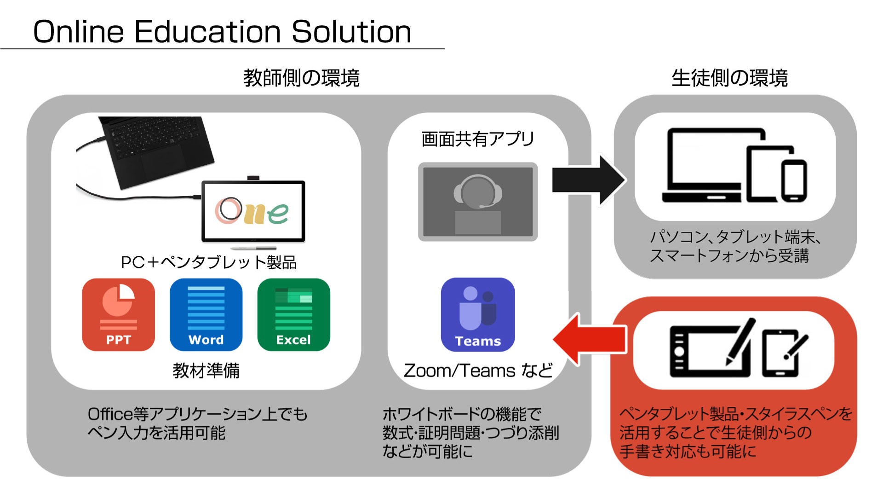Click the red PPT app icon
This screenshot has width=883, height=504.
coord(118,314)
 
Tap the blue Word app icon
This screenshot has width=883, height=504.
coord(206,314)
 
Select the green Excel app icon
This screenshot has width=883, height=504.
coord(293,314)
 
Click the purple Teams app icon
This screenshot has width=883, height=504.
coord(477,314)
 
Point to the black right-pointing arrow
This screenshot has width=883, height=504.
coord(588,180)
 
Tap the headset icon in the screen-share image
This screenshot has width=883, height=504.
coord(477,191)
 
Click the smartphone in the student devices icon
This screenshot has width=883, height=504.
coord(794,180)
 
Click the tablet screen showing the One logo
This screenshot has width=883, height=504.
coord(253,211)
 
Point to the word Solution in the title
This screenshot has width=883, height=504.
coord(351,32)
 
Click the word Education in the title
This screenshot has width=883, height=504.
coord(207,32)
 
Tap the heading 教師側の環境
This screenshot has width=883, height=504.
coord(301,78)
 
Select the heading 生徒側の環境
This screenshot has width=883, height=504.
coord(729,78)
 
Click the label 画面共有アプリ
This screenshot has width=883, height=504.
coord(477,139)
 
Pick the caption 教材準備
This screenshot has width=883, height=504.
coord(206,371)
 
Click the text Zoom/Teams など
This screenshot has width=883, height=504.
coord(477,371)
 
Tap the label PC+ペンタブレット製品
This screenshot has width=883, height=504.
coord(208,262)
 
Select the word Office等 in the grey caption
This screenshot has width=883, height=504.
coord(118,414)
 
